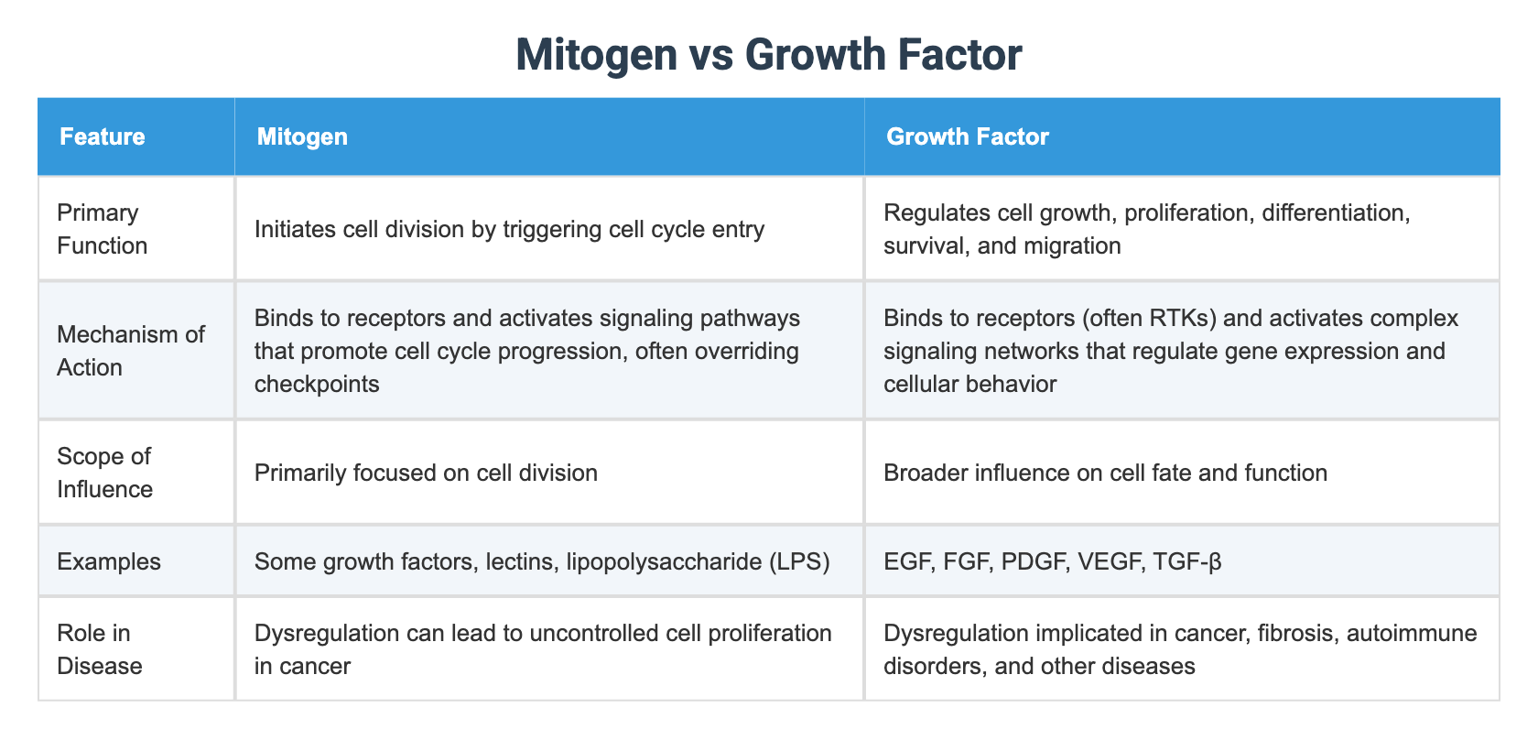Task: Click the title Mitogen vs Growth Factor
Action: pos(768,54)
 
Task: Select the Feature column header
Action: pos(103,136)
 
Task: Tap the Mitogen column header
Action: pos(302,136)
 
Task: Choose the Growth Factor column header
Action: pos(968,136)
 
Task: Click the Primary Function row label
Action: pos(102,229)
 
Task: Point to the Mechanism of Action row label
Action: pos(130,351)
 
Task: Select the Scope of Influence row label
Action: pos(103,473)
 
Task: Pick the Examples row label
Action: pos(109,561)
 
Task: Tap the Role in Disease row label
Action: pos(99,649)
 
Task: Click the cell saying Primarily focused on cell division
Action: pos(426,473)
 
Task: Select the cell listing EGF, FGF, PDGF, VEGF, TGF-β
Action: pos(1053,561)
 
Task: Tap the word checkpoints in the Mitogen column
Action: pos(317,384)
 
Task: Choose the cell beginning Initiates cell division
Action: pos(509,229)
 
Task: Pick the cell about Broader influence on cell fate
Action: pos(1105,473)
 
